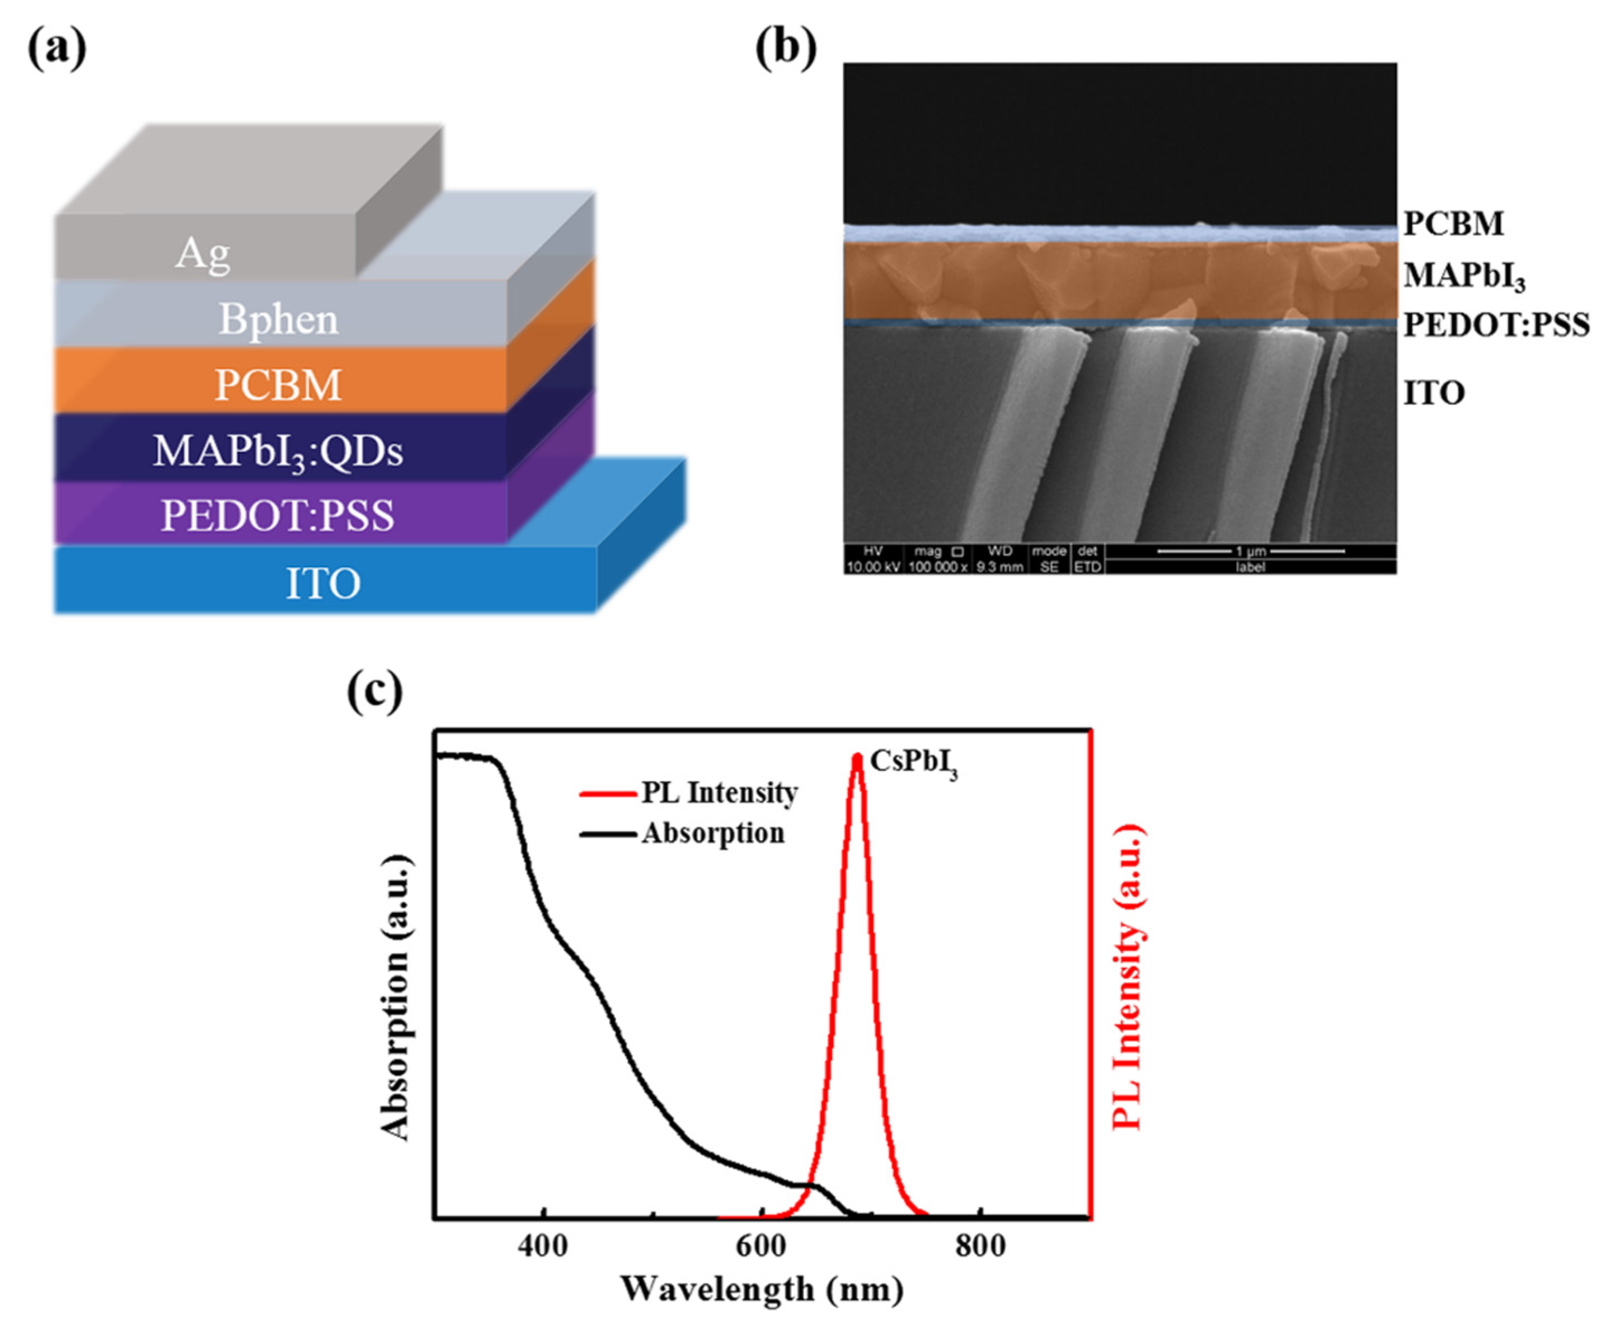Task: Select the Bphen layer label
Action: [x=278, y=319]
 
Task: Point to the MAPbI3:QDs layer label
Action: [x=278, y=450]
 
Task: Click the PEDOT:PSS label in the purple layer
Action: [x=278, y=515]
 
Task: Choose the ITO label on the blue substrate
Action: [x=323, y=583]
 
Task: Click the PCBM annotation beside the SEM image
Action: [x=1454, y=223]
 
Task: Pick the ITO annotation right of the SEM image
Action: [x=1434, y=393]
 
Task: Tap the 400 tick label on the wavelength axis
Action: [x=543, y=1246]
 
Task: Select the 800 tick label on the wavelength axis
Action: [x=980, y=1246]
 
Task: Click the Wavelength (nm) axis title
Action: [x=762, y=1289]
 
